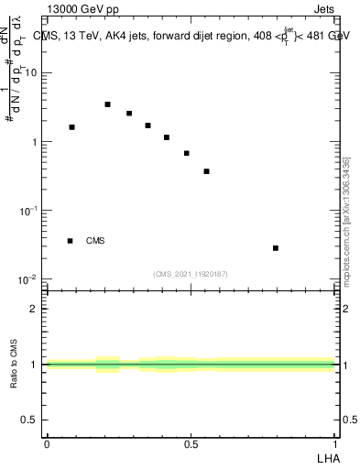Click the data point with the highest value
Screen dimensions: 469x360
click(x=107, y=104)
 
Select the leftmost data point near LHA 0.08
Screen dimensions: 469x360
click(x=71, y=127)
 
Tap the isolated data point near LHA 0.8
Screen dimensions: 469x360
click(x=276, y=248)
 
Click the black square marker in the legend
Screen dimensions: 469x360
click(x=70, y=241)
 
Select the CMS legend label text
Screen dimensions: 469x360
click(x=95, y=241)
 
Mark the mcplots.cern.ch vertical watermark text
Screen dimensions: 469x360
click(x=346, y=220)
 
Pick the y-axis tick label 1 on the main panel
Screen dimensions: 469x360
click(x=35, y=142)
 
